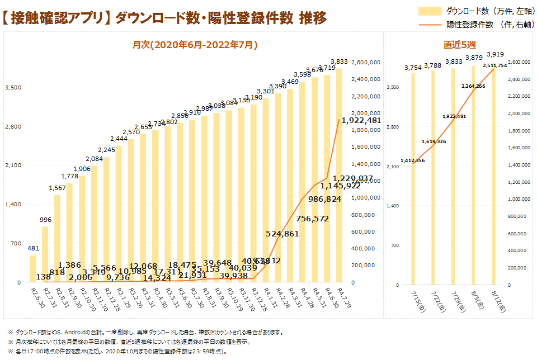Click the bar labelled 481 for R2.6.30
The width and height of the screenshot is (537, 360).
pos(32,269)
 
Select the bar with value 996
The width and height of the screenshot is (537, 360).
pos(45,254)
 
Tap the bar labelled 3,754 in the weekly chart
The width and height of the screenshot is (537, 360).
pos(413,179)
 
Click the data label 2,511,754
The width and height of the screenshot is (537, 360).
pos(494,65)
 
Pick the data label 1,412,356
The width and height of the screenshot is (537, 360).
pos(412,160)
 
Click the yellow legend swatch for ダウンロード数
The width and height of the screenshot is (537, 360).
pos(430,11)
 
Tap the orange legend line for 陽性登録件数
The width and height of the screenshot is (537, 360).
pos(430,25)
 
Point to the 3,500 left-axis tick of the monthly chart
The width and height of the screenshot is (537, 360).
pos(13,87)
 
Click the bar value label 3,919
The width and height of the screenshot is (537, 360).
pos(495,54)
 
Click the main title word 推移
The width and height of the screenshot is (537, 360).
pos(313,18)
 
